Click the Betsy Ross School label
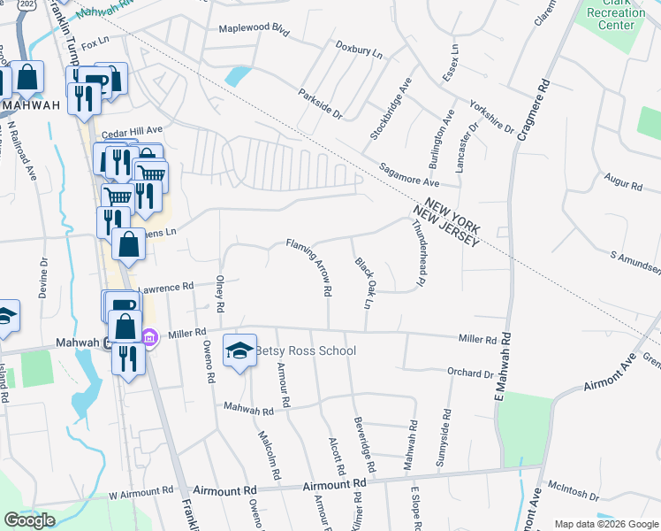coord(306,351)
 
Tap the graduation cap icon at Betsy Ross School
coord(239,351)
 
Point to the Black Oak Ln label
coord(361,283)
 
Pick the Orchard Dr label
coord(469,374)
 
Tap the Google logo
coord(29,520)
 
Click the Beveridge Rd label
coord(361,442)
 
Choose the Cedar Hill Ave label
coord(133,133)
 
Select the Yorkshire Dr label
coord(491,116)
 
